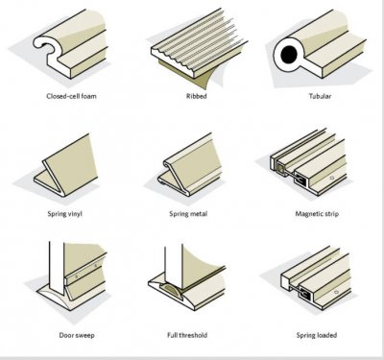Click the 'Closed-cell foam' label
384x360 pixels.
[x=71, y=96]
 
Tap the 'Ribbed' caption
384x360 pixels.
[x=197, y=96]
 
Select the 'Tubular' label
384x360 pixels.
[x=320, y=96]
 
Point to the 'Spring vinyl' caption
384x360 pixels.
[x=65, y=214]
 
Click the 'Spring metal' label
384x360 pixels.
[x=188, y=214]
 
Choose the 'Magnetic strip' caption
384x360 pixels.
[x=317, y=214]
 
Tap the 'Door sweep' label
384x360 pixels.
[x=77, y=335]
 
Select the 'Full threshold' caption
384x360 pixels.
[x=187, y=335]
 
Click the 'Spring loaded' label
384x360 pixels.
[x=317, y=335]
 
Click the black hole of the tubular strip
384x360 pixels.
[x=289, y=55]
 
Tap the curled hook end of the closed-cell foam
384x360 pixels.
[x=43, y=43]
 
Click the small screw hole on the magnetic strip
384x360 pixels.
[x=332, y=178]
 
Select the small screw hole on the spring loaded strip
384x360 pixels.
[x=336, y=292]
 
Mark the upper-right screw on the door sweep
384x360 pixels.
[x=95, y=266]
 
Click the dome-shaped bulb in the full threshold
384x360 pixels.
[x=172, y=289]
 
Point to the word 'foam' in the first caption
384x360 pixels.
[x=88, y=96]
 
